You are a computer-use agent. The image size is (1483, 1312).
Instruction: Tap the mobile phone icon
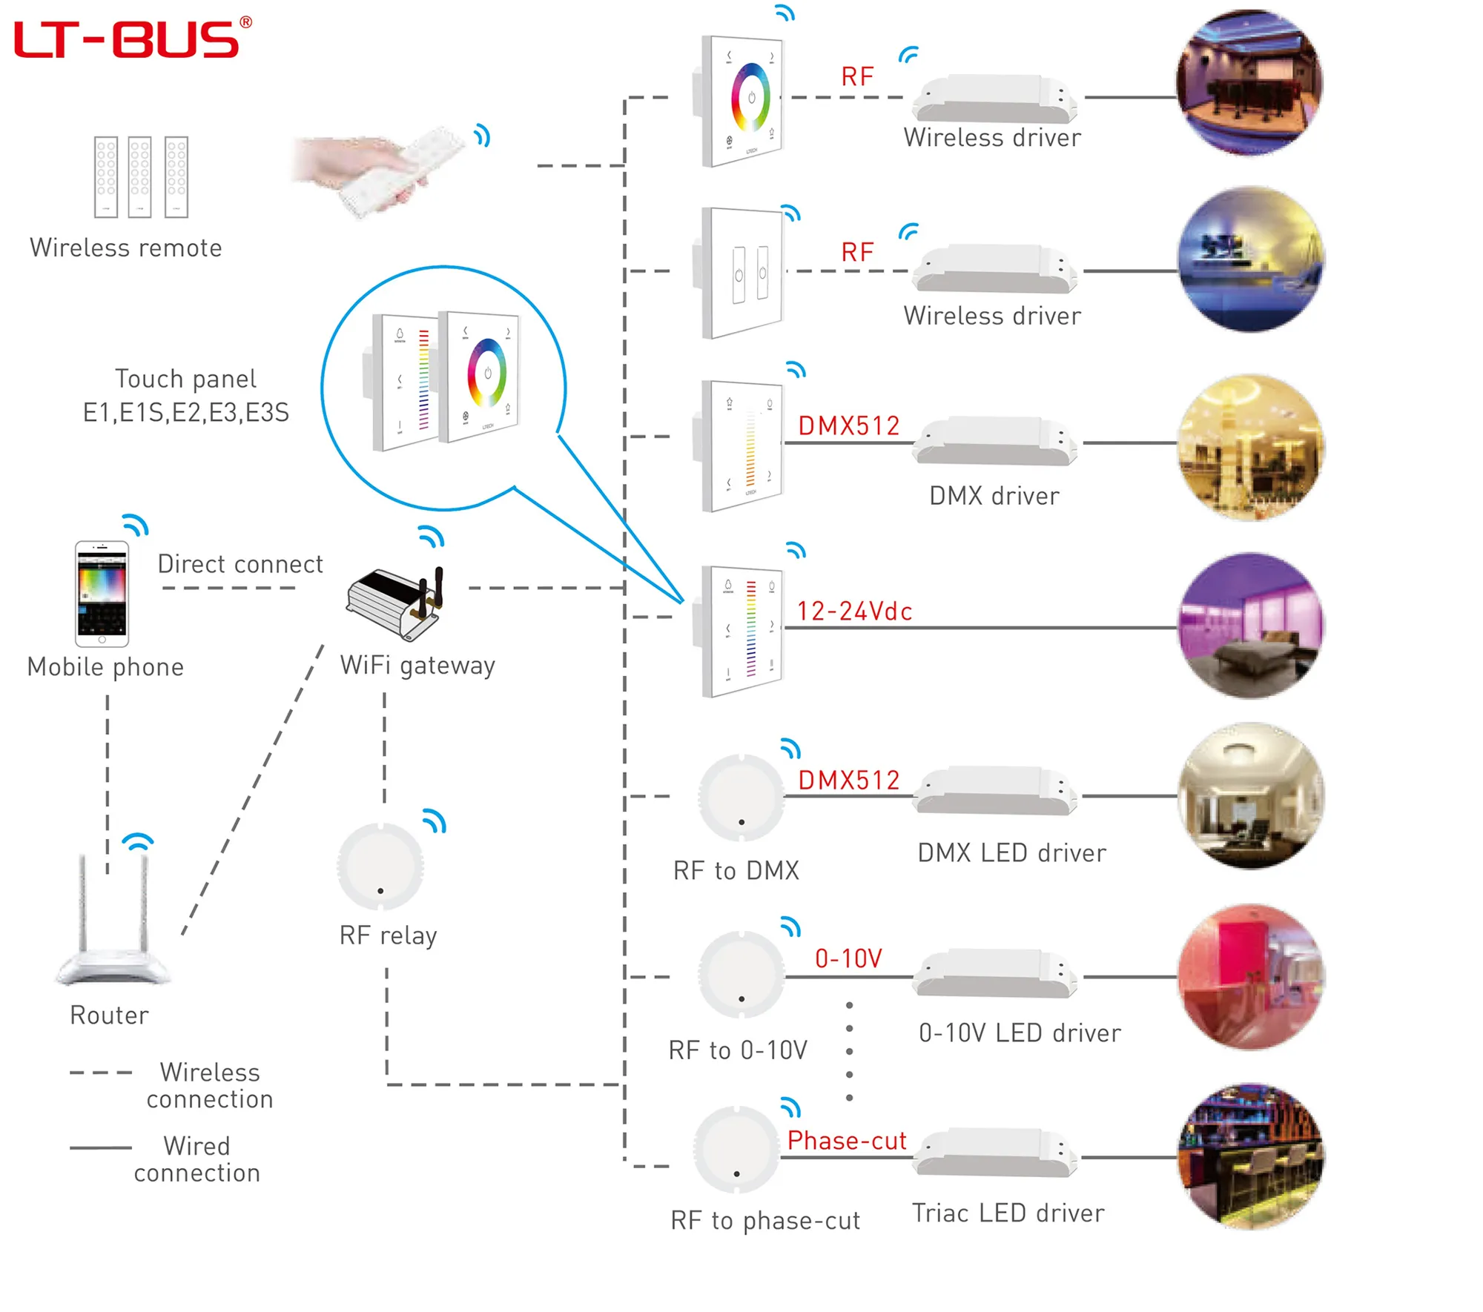coord(102,594)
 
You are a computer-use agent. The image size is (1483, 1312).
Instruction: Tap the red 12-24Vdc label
coord(854,612)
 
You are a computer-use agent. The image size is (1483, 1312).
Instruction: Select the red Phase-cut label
coord(847,1141)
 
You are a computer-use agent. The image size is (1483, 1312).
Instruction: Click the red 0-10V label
coord(848,958)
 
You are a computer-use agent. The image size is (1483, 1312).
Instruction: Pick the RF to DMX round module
coord(741,798)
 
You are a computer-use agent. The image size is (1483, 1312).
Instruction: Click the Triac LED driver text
coord(1008,1213)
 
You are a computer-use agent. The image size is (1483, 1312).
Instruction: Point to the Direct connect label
coord(240,564)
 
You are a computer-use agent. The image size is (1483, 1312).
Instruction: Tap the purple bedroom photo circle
coord(1250,626)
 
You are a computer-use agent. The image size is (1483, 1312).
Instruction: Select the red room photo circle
coord(1250,976)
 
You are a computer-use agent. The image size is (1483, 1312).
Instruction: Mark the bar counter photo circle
coord(1250,1156)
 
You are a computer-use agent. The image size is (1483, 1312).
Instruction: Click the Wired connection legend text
coord(196,1159)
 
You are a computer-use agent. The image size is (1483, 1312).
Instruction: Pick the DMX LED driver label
coord(1011,853)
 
